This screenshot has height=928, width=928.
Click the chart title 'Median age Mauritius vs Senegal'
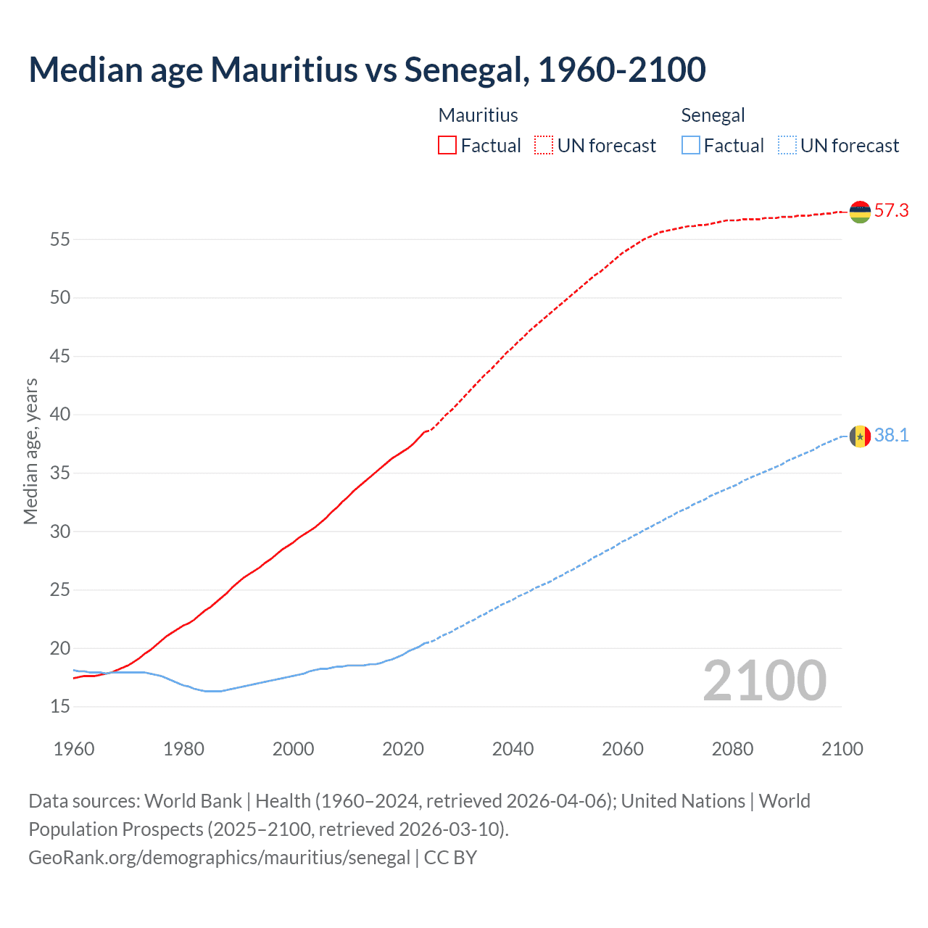367,70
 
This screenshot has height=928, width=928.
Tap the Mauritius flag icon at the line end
860,212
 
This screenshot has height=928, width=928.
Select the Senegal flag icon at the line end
860,436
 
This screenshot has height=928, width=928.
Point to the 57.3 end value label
891,211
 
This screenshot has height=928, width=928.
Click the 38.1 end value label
891,436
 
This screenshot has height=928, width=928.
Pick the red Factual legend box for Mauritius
447,146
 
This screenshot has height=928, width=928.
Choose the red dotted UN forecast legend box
544,146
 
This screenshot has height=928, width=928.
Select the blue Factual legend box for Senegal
691,146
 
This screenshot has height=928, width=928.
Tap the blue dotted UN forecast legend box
787,146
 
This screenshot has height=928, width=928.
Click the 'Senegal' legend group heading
713,115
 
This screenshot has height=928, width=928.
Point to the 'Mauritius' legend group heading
478,115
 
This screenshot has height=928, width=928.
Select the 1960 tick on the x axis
74,749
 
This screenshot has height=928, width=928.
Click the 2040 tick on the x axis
513,749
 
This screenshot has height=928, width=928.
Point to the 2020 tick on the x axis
403,749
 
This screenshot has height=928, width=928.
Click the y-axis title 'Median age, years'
30,451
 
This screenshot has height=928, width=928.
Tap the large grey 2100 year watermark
764,680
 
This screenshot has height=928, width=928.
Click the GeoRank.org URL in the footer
220,858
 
